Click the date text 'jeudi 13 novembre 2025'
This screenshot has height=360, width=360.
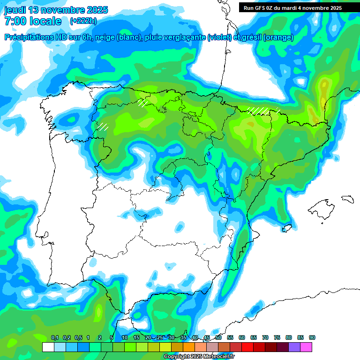[56, 10]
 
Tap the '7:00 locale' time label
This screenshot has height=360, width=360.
[33, 21]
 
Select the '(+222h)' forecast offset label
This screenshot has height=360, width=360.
[83, 21]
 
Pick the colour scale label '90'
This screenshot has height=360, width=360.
[312, 337]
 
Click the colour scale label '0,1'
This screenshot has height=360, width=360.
[55, 337]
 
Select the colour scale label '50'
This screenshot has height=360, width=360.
[218, 337]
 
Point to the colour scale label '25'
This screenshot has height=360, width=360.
[160, 337]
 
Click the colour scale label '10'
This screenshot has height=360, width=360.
[125, 337]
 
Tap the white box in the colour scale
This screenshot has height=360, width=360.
[48, 347]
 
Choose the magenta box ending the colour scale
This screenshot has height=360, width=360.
[306, 347]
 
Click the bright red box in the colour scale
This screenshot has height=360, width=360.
[247, 347]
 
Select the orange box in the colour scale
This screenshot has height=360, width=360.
[189, 347]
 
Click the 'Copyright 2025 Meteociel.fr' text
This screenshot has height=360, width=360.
[199, 357]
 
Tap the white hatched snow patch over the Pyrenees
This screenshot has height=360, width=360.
[258, 111]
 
